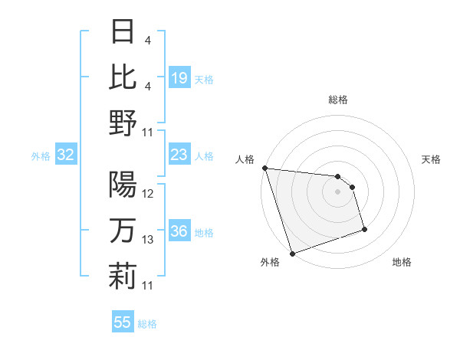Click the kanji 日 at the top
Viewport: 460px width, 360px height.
point(123,33)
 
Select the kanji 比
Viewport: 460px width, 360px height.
point(123,77)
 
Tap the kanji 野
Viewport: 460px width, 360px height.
point(123,123)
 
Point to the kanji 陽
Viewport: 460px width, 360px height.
point(123,185)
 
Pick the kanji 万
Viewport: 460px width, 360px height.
point(123,231)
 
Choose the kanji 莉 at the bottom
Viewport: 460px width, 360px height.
point(123,276)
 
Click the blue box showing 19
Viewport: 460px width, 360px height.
point(179,78)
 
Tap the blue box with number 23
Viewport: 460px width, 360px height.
point(179,155)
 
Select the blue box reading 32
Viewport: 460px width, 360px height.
point(65,155)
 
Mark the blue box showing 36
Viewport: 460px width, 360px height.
point(179,232)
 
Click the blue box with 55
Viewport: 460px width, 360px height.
point(123,322)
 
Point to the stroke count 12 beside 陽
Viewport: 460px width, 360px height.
point(148,195)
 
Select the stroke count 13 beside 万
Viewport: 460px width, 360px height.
point(148,240)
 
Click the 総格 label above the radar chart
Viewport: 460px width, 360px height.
point(337,100)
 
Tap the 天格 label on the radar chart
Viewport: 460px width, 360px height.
point(431,159)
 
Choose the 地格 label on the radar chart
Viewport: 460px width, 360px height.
point(402,263)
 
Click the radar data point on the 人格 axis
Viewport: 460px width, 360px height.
point(264,168)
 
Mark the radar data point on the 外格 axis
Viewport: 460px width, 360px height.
point(292,254)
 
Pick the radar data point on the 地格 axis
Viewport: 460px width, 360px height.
point(364,229)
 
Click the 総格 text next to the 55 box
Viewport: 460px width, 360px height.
point(147,324)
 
